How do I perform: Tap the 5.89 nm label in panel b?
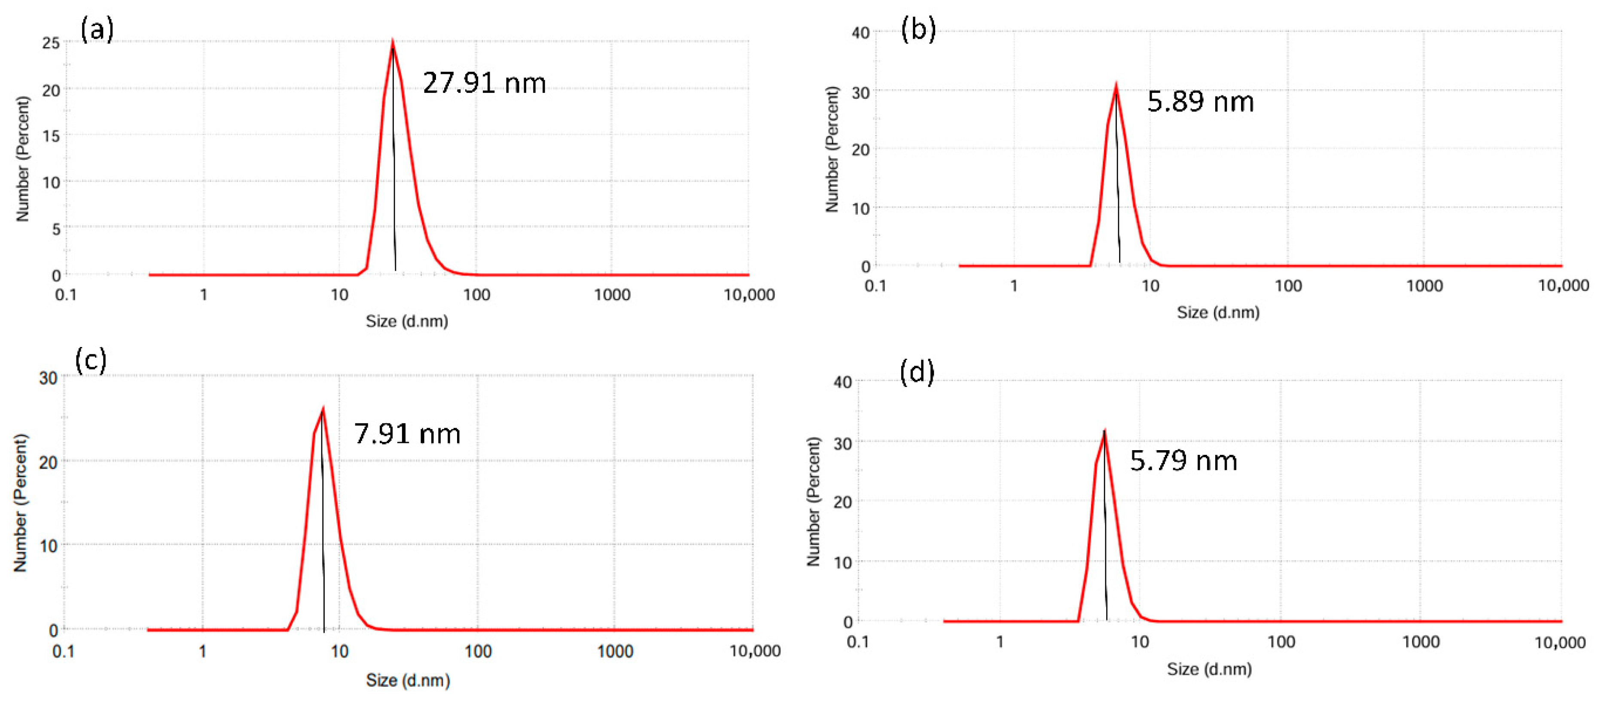click(1200, 102)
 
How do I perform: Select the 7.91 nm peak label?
click(407, 434)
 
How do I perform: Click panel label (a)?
click(97, 29)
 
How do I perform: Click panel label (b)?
click(918, 30)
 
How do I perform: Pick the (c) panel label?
click(91, 360)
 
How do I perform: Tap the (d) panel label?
click(917, 372)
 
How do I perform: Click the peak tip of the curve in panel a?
click(392, 42)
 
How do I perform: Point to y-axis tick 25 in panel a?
click(51, 43)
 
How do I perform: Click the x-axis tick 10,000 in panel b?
click(1562, 286)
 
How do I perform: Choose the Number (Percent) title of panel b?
click(832, 149)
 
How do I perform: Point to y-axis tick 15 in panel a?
click(51, 135)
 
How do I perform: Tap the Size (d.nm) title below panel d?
click(1209, 669)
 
